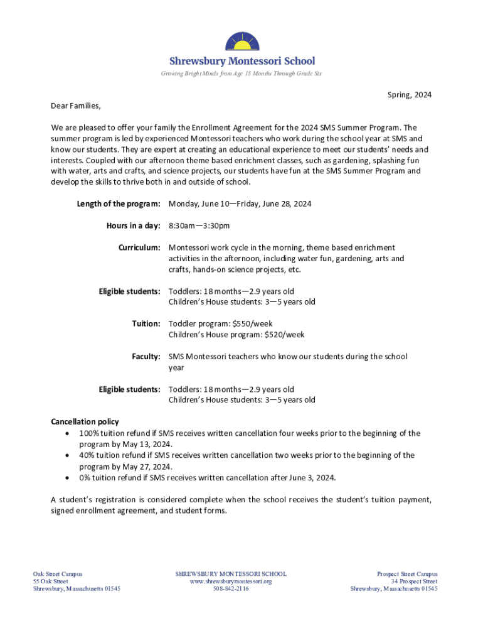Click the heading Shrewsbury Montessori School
pyautogui.click(x=242, y=61)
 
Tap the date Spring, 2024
pyautogui.click(x=409, y=95)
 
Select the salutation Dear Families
pyautogui.click(x=75, y=105)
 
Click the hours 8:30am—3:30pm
pyautogui.click(x=199, y=225)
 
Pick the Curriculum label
pyautogui.click(x=139, y=248)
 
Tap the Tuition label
pyautogui.click(x=146, y=323)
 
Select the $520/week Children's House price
pyautogui.click(x=285, y=335)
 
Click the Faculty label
pyautogui.click(x=146, y=357)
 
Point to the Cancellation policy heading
pyautogui.click(x=85, y=421)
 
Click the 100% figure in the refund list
pyautogui.click(x=89, y=433)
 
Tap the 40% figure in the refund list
pyautogui.click(x=87, y=455)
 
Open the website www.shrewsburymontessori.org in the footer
pyautogui.click(x=231, y=581)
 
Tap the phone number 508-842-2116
pyautogui.click(x=231, y=589)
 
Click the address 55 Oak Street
pyautogui.click(x=50, y=581)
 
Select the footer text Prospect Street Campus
pyautogui.click(x=407, y=574)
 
